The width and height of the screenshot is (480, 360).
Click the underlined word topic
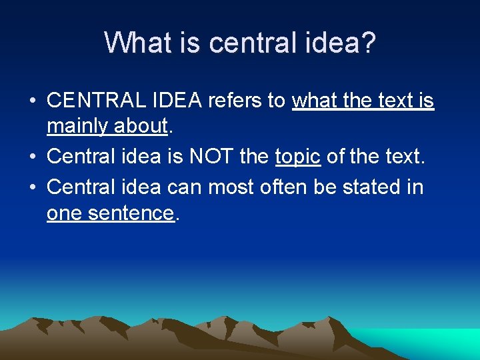pos(297,157)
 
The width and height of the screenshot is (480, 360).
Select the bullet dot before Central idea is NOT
pos(32,157)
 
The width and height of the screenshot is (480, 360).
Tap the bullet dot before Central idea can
pos(32,188)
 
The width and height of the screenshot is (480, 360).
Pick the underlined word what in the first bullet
pos(316,101)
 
